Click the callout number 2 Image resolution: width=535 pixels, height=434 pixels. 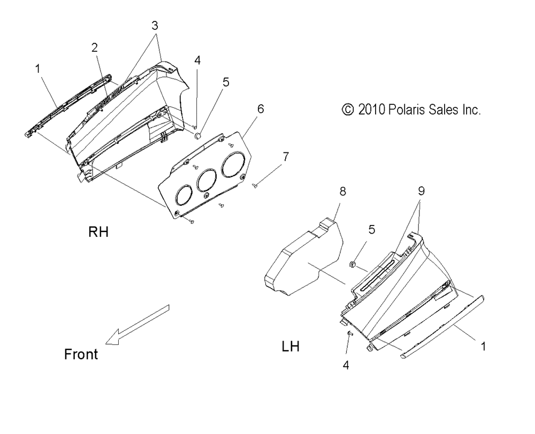click(x=94, y=48)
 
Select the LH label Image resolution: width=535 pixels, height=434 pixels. click(x=291, y=347)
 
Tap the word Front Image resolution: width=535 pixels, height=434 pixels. click(x=81, y=354)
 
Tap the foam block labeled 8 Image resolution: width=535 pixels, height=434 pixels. click(x=302, y=257)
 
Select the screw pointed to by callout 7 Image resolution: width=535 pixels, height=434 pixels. click(x=256, y=185)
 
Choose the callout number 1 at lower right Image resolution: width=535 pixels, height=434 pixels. click(x=483, y=346)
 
